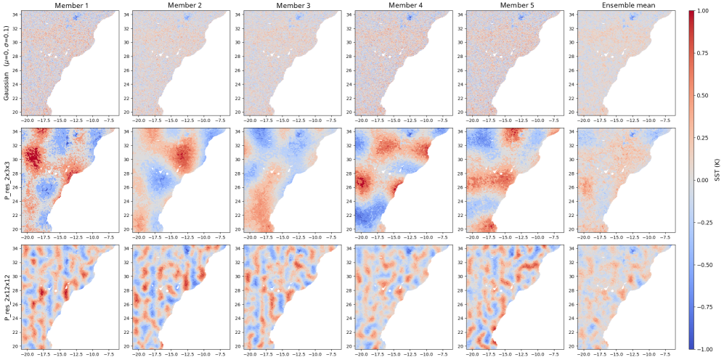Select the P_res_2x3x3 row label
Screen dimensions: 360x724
click(x=7, y=179)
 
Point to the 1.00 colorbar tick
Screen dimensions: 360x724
click(x=703, y=12)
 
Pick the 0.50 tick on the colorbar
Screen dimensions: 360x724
click(x=703, y=95)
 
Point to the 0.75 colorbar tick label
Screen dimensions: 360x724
click(x=703, y=54)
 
